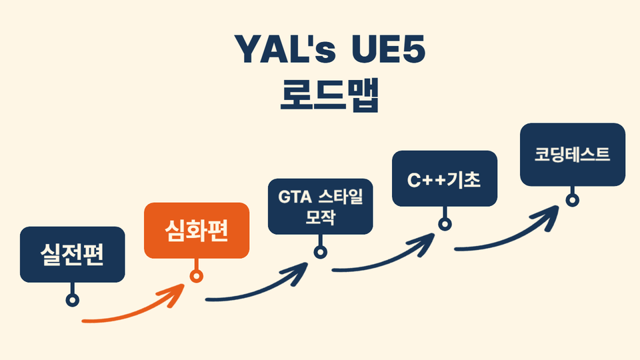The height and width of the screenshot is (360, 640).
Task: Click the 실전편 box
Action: [73, 254]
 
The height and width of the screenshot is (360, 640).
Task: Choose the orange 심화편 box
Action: [197, 230]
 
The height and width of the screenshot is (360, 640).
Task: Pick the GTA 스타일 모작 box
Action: [321, 207]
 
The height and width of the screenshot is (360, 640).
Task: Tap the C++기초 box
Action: [445, 179]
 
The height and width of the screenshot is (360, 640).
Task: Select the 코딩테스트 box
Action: [572, 155]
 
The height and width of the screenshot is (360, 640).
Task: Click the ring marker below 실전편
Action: [73, 300]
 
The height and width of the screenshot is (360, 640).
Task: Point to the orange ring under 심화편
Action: [197, 276]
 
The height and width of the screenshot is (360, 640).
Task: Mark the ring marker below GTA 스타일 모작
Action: [321, 252]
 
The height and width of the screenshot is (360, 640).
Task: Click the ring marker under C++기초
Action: [445, 224]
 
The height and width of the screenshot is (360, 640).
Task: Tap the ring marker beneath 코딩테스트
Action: [572, 200]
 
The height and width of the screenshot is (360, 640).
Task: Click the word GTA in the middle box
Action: [293, 198]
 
